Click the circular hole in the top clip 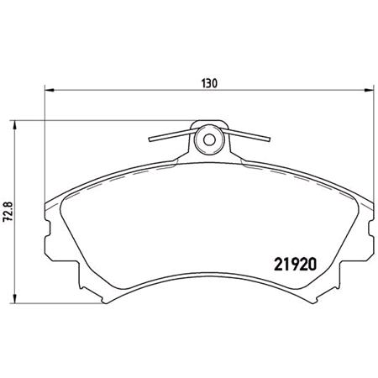(x=208, y=139)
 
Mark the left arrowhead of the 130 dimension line (x=47, y=90)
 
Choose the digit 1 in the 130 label (x=203, y=83)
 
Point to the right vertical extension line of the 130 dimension (x=373, y=151)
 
